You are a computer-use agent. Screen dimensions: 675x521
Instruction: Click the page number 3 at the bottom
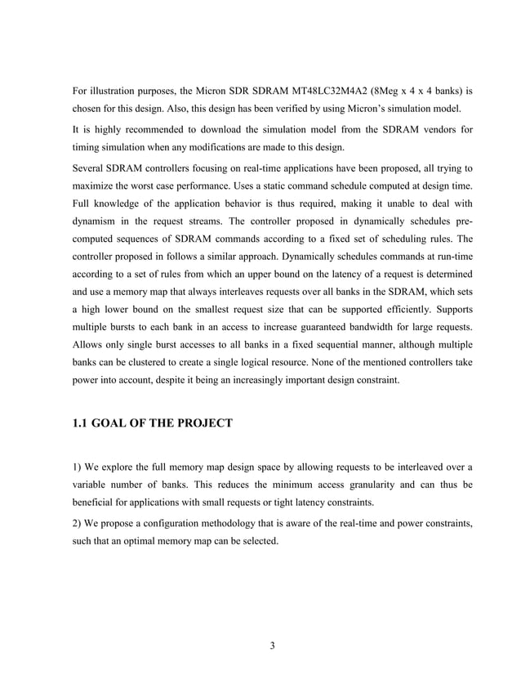click(272, 647)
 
